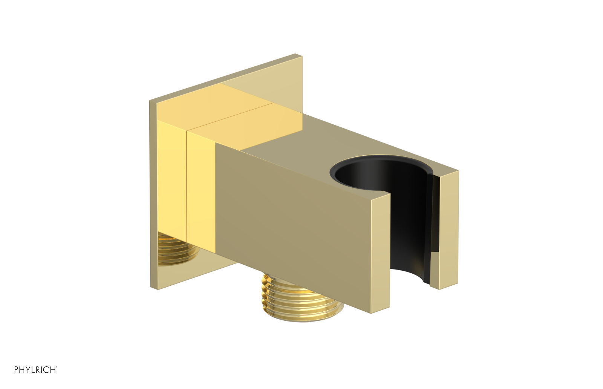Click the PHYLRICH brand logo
(x=35, y=370)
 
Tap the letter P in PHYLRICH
(x=16, y=370)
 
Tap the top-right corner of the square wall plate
(x=301, y=56)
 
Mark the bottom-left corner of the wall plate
(x=151, y=288)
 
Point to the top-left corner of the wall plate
(x=150, y=101)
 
